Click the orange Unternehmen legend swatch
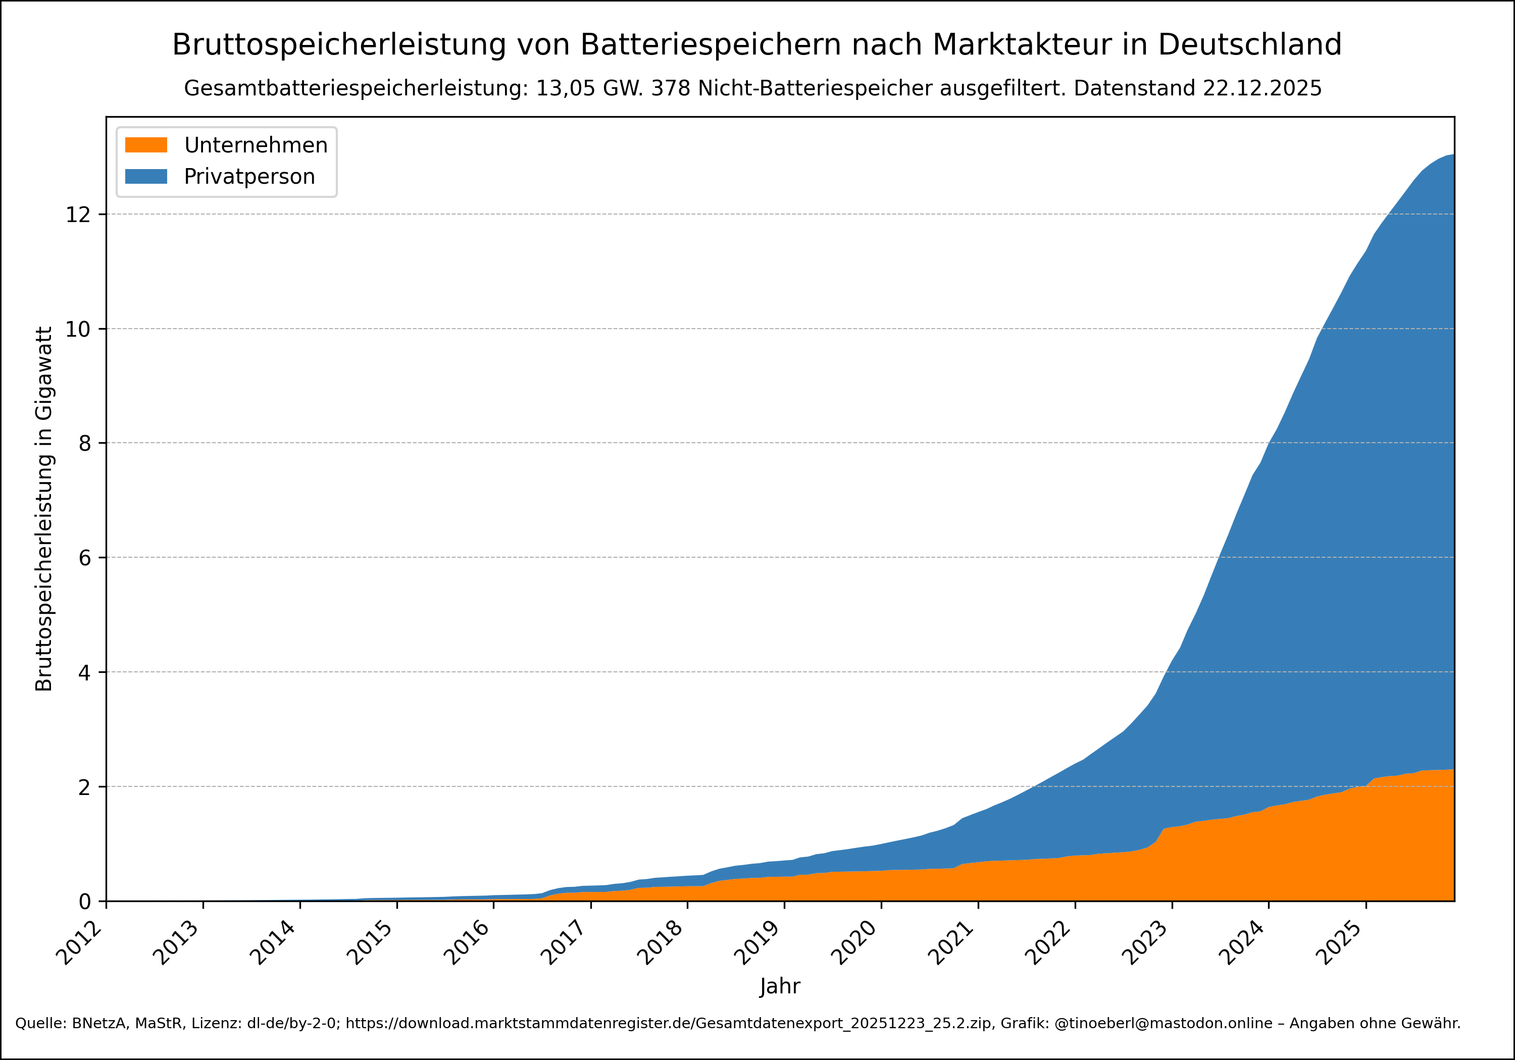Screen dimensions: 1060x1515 [x=146, y=145]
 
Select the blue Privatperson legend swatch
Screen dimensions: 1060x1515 [x=146, y=176]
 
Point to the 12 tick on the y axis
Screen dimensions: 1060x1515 [x=77, y=215]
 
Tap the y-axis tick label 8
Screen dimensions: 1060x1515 [x=84, y=443]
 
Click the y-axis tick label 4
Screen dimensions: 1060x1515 [x=84, y=672]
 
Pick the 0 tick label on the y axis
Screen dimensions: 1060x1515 [x=84, y=901]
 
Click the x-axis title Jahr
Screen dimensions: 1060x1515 [x=780, y=986]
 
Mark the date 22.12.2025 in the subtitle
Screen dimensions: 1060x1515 [x=1261, y=88]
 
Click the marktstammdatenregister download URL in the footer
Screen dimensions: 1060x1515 [x=669, y=1024]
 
